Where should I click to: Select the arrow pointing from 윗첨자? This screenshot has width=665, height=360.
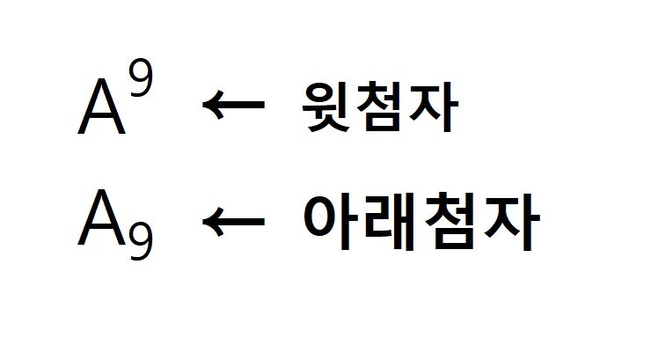tap(234, 107)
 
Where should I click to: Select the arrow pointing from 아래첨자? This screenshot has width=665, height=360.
tap(234, 221)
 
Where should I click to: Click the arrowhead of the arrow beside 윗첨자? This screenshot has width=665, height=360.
tap(210, 107)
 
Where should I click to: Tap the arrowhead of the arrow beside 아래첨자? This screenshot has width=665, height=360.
tap(210, 221)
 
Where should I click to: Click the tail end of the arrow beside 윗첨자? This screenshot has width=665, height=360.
tap(261, 107)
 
